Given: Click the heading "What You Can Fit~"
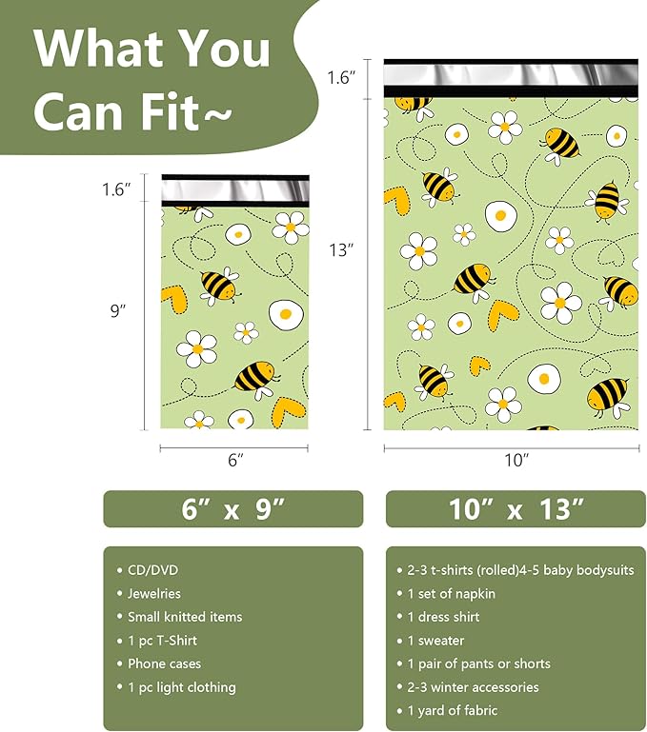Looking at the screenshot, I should (x=152, y=76).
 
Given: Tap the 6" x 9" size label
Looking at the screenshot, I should (x=233, y=509).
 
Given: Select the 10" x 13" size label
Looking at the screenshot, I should (x=516, y=509).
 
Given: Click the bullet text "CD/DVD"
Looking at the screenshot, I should (x=153, y=570).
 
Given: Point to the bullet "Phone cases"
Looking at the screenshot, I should (x=164, y=663).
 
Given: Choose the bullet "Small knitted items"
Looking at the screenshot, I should (x=185, y=617).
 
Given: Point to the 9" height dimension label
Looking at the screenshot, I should (x=118, y=310).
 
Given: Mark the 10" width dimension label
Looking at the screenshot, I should (x=516, y=461).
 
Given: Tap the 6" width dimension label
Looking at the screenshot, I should (x=235, y=461).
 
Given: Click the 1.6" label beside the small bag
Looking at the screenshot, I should (x=117, y=190).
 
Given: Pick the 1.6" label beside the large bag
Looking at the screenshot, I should (x=341, y=78).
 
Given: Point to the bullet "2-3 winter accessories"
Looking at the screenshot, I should (x=474, y=687).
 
